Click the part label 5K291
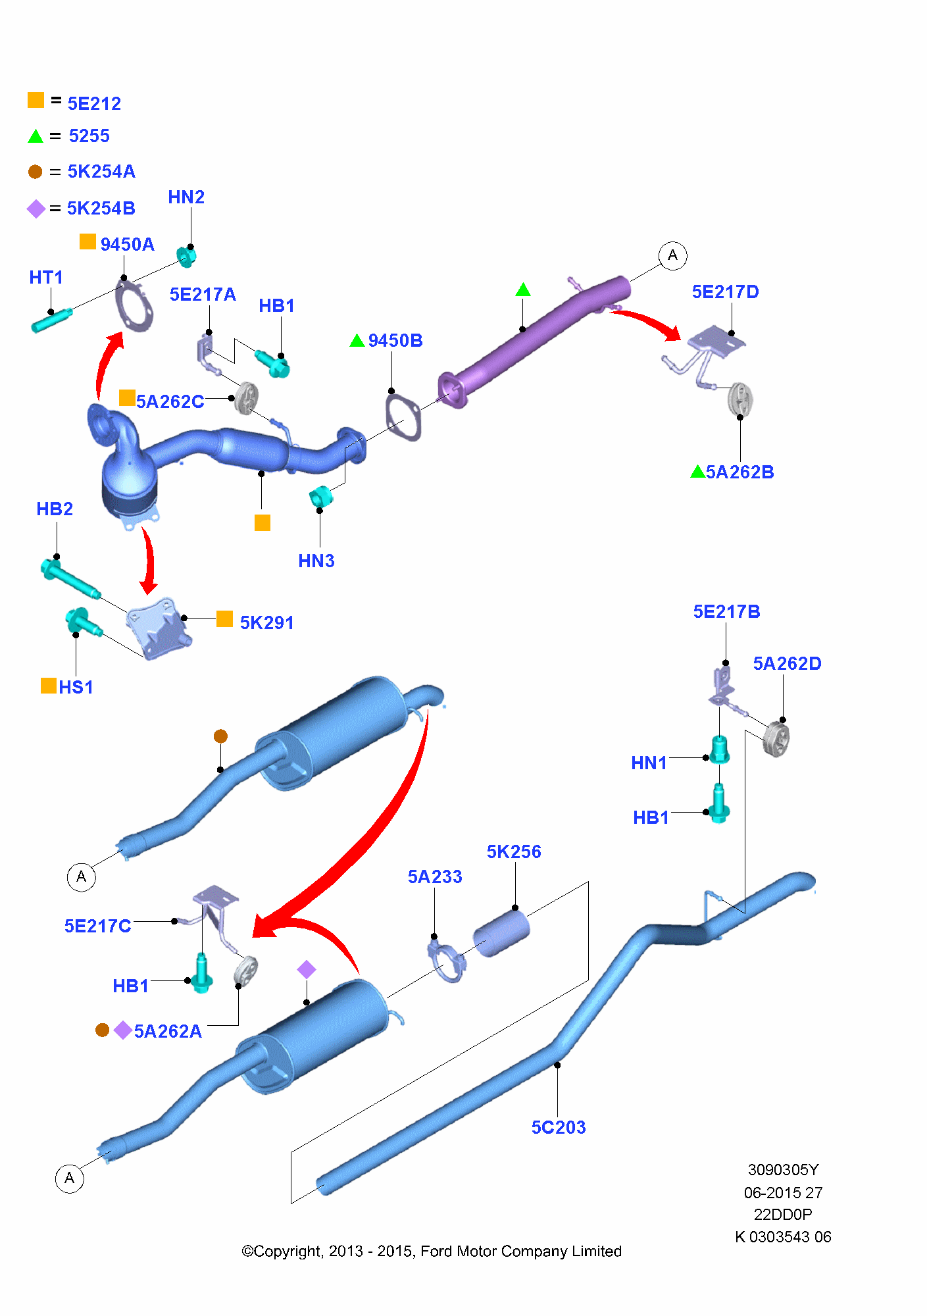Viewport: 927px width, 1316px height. point(266,622)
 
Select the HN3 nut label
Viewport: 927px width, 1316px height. point(316,561)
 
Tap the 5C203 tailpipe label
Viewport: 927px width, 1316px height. point(559,1127)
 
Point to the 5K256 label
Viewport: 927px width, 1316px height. point(514,851)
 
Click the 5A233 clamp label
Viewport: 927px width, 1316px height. point(435,876)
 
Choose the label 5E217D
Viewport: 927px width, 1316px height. point(726,291)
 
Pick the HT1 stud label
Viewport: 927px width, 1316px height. point(46,277)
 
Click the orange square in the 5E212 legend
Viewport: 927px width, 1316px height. point(36,100)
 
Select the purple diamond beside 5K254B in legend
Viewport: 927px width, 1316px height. point(36,209)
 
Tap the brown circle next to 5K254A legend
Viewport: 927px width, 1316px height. point(36,172)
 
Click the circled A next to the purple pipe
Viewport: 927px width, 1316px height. point(672,255)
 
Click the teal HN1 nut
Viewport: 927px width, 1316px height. point(720,749)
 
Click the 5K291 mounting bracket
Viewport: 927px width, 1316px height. point(159,627)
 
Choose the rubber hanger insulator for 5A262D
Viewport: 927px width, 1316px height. point(777,740)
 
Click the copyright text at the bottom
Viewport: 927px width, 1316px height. point(432,1251)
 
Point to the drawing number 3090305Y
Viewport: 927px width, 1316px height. point(783,1169)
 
